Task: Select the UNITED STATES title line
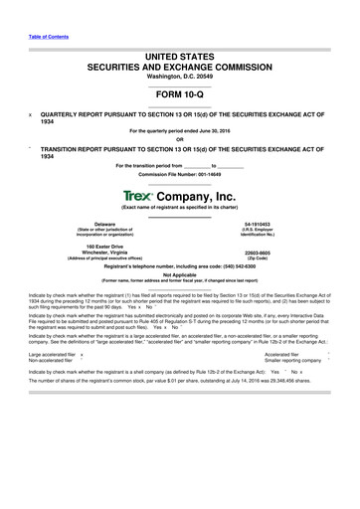tap(180, 60)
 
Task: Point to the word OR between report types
tap(180, 137)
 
